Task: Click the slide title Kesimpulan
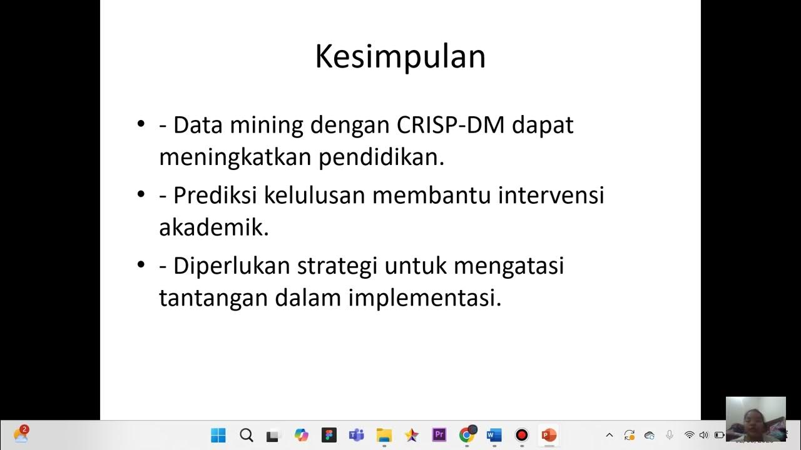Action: pyautogui.click(x=400, y=56)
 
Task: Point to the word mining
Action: pyautogui.click(x=267, y=125)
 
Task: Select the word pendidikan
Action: pyautogui.click(x=381, y=157)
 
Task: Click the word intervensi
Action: pyautogui.click(x=551, y=196)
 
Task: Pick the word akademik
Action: pyautogui.click(x=213, y=227)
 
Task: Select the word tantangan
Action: pyautogui.click(x=213, y=298)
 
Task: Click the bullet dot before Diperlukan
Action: pyautogui.click(x=141, y=265)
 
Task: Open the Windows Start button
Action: pyautogui.click(x=218, y=435)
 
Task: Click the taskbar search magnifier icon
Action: pyautogui.click(x=246, y=435)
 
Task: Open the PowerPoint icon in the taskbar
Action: pyautogui.click(x=549, y=435)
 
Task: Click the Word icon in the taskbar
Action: pyautogui.click(x=494, y=435)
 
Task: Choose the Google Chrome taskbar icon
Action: pyautogui.click(x=466, y=435)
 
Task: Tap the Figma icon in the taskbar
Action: pyautogui.click(x=329, y=435)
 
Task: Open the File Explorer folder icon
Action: pyautogui.click(x=384, y=435)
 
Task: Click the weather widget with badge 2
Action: pyautogui.click(x=21, y=434)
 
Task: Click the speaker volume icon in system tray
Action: pyautogui.click(x=703, y=435)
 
